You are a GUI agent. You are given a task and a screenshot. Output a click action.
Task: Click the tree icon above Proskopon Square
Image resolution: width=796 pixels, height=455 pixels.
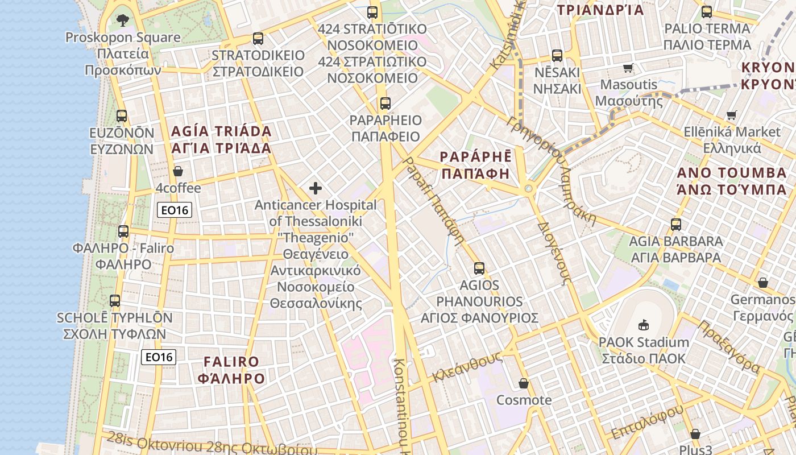pyautogui.click(x=122, y=21)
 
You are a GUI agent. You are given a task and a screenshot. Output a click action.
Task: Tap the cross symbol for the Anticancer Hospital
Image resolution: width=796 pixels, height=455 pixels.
pyautogui.click(x=316, y=188)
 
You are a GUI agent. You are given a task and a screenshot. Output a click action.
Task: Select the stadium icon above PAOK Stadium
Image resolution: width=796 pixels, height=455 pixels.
pyautogui.click(x=644, y=325)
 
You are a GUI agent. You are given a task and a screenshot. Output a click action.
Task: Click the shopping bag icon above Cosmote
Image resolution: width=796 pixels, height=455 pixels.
pyautogui.click(x=524, y=383)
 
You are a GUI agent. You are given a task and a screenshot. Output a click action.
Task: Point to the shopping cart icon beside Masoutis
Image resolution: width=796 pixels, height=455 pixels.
pyautogui.click(x=628, y=68)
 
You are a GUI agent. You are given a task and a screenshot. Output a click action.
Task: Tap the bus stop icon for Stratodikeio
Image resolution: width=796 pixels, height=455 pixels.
pyautogui.click(x=258, y=39)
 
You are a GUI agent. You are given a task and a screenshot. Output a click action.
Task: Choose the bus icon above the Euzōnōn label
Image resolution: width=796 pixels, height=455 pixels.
pyautogui.click(x=122, y=116)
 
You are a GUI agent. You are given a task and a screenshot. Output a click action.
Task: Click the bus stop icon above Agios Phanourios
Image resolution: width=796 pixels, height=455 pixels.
pyautogui.click(x=479, y=268)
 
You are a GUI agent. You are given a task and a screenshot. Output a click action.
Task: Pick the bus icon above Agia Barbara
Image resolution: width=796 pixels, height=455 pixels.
pyautogui.click(x=676, y=224)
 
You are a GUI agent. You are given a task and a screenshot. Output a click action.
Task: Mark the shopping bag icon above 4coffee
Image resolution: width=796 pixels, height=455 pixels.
pyautogui.click(x=178, y=171)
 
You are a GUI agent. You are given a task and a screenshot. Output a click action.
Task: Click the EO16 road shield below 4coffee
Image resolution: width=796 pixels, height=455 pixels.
pyautogui.click(x=175, y=210)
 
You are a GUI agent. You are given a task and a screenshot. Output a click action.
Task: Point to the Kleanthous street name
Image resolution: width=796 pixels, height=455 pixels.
pyautogui.click(x=467, y=367)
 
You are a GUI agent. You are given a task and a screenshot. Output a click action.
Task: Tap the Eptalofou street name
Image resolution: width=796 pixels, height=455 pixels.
pyautogui.click(x=648, y=422)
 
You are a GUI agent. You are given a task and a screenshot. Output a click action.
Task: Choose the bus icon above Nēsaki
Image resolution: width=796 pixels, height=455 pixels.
pyautogui.click(x=557, y=56)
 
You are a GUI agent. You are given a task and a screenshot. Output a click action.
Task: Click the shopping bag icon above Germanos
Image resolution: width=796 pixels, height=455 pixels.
pyautogui.click(x=763, y=283)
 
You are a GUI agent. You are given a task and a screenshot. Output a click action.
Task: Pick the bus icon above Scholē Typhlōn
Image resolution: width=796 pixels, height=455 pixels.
pyautogui.click(x=115, y=301)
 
